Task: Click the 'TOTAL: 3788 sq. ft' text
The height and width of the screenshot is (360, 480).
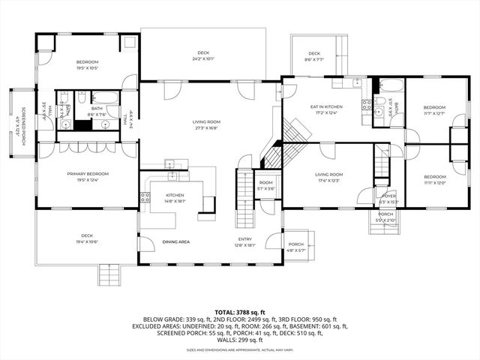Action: tap(240, 310)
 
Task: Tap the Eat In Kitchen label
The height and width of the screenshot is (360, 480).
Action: tap(326, 107)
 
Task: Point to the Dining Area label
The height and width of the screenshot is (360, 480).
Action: tap(176, 241)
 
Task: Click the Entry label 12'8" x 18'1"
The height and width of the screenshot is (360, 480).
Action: tap(245, 242)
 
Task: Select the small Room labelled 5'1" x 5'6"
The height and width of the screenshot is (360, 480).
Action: tap(266, 185)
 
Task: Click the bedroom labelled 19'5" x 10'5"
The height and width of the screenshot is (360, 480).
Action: tap(88, 64)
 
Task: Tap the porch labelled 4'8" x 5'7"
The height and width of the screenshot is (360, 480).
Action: tap(296, 247)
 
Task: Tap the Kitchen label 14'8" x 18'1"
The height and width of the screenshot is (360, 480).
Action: tap(174, 198)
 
